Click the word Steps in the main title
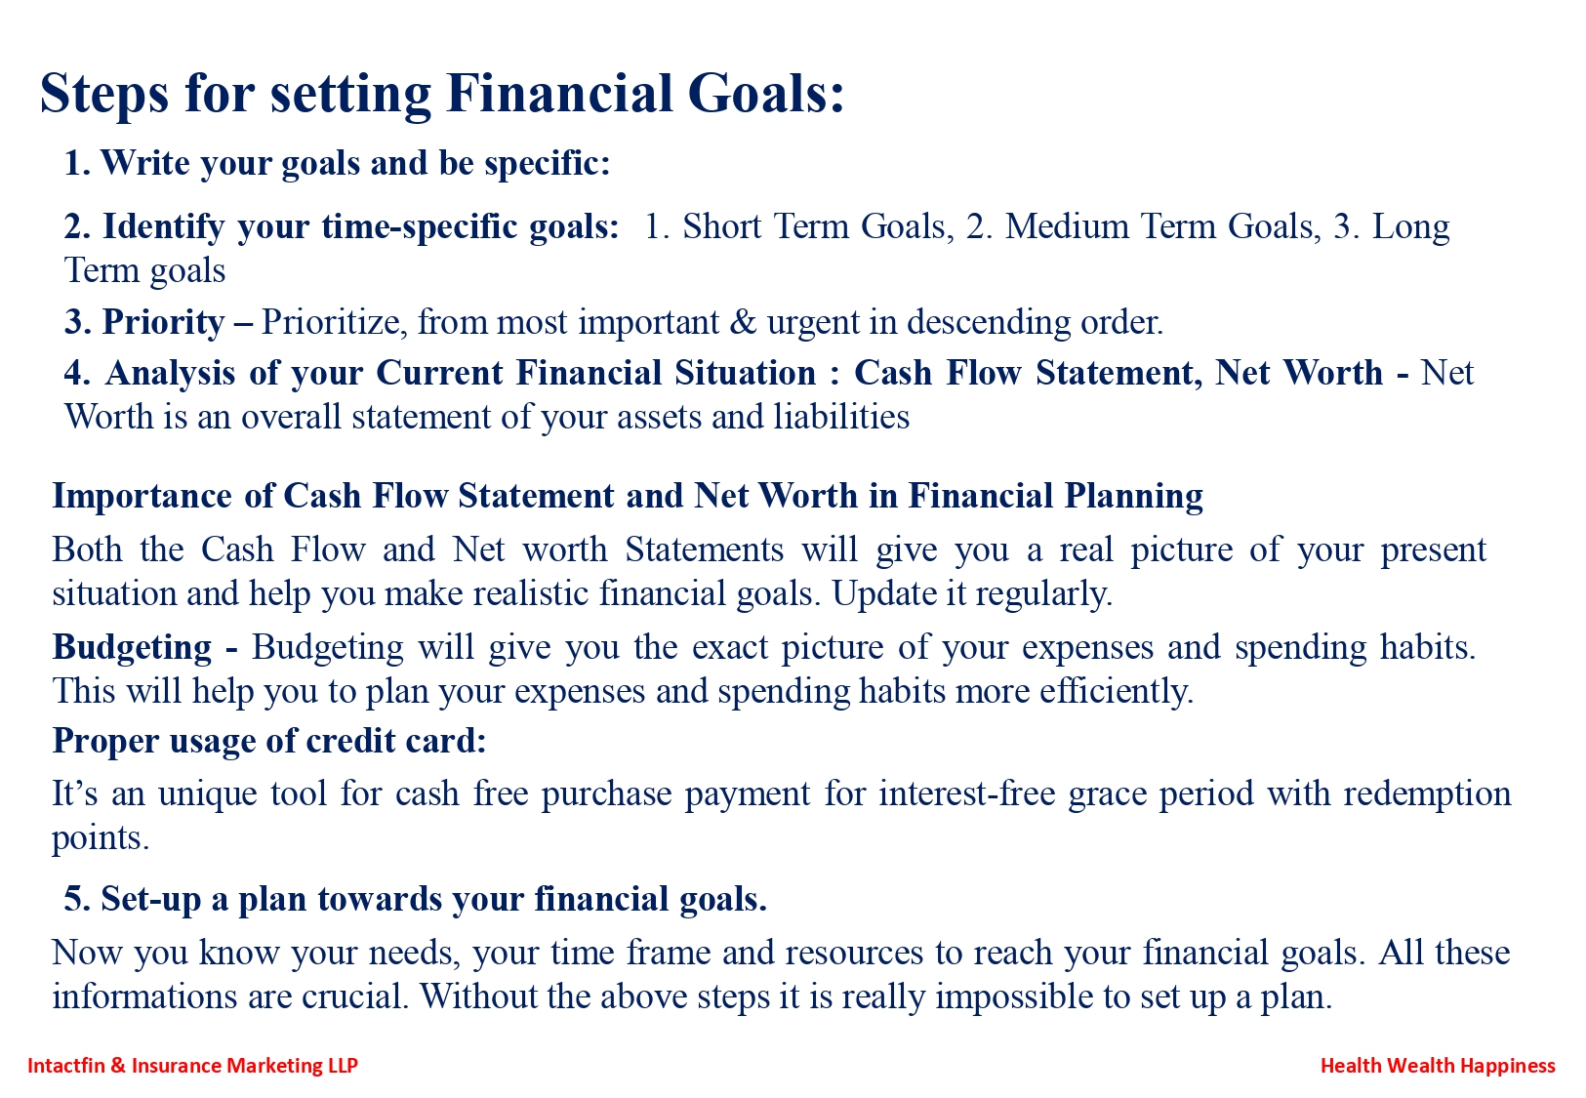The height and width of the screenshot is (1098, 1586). [104, 94]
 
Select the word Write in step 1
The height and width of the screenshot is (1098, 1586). [145, 163]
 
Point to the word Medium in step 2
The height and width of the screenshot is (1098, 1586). [1067, 226]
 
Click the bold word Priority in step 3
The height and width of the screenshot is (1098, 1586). [164, 323]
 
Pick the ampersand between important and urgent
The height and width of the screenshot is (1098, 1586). [743, 322]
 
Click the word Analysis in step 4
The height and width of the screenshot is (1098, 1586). [171, 373]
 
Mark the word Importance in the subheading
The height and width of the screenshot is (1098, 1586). [142, 497]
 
